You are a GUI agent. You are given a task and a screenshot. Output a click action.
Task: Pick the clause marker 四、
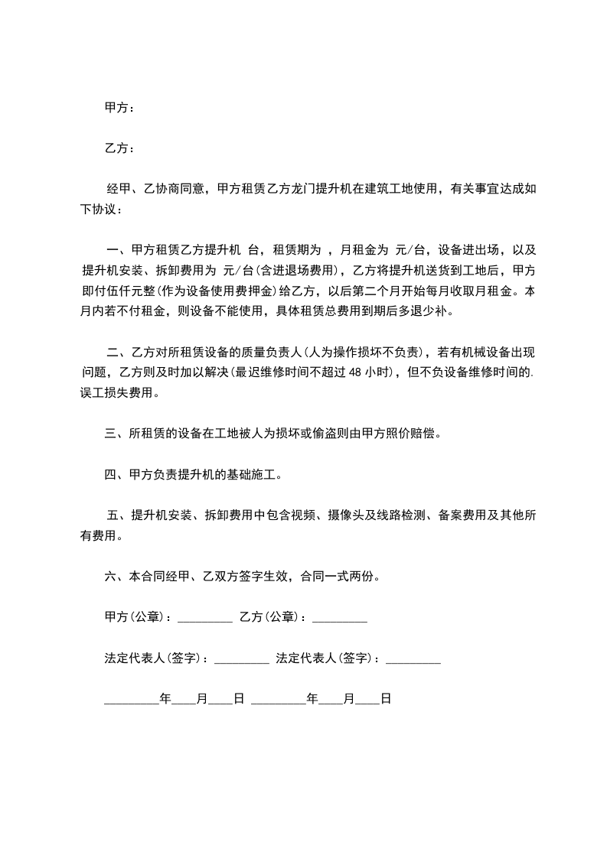tap(113, 475)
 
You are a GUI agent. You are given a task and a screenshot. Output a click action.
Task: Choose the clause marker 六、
tap(113, 577)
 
